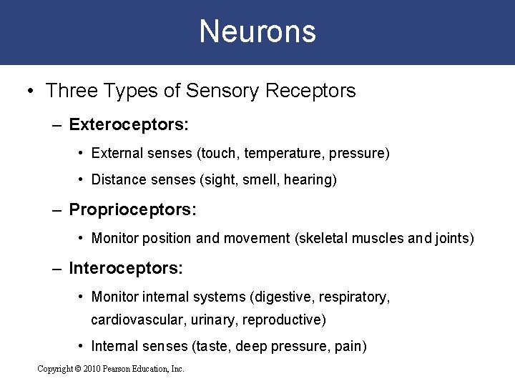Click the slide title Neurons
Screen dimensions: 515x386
pos(257,31)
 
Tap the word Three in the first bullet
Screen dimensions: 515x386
pos(69,91)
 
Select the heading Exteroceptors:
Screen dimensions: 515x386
pos(129,125)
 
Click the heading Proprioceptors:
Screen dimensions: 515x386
pos(132,210)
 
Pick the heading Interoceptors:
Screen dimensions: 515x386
pos(126,268)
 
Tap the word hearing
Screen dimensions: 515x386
pos(309,180)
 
